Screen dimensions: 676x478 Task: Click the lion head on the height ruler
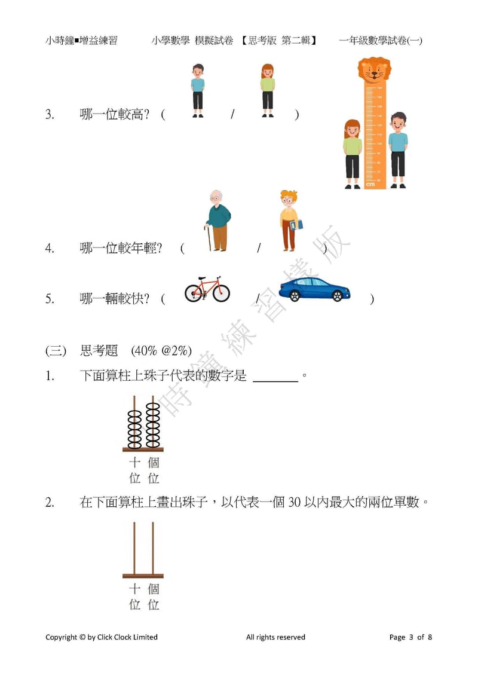[x=374, y=71]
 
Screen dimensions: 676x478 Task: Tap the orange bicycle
[x=207, y=289]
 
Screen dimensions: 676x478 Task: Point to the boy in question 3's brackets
[x=198, y=90]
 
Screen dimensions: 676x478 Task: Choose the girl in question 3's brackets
[x=268, y=90]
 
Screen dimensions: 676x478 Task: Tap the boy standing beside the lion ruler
[x=397, y=150]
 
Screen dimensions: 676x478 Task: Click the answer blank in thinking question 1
[x=275, y=377]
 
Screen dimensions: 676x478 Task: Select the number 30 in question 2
[x=294, y=503]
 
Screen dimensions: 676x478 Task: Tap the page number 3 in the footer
[x=411, y=637]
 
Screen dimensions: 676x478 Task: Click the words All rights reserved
[x=275, y=637]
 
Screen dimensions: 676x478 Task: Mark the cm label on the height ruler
[x=370, y=184]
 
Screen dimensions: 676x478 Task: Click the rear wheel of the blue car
[x=292, y=295]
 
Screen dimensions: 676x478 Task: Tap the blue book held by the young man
[x=297, y=225]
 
